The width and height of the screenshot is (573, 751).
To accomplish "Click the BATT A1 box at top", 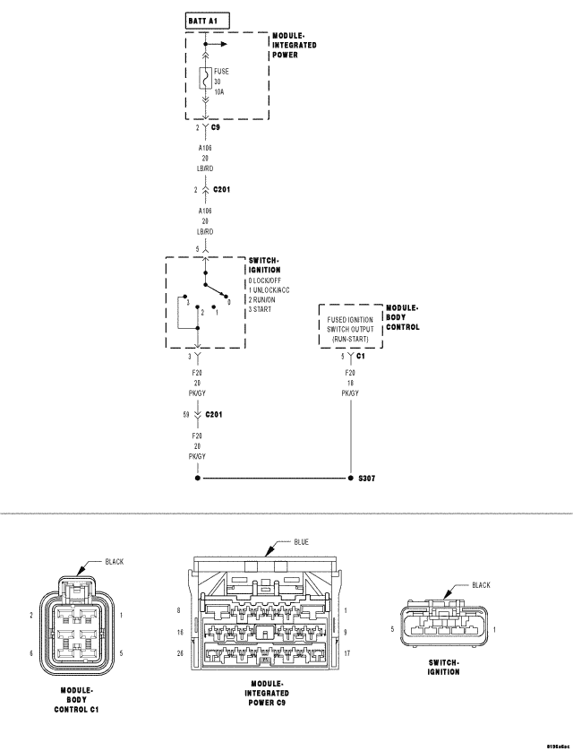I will click(x=206, y=19).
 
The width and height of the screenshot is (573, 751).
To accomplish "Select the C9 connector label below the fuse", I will click(x=215, y=128).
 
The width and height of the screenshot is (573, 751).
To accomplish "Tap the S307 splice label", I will click(x=366, y=479).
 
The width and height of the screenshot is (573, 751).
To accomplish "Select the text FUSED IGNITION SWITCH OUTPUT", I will click(x=351, y=324).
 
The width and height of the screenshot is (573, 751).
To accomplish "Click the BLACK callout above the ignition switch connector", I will click(x=481, y=585).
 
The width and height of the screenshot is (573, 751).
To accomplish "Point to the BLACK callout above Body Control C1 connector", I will click(x=115, y=562).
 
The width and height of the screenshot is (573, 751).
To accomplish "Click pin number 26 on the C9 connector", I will click(x=182, y=653).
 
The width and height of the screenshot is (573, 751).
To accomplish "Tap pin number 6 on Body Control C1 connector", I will click(x=31, y=653).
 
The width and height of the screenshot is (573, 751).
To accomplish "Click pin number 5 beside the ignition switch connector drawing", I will click(x=392, y=630).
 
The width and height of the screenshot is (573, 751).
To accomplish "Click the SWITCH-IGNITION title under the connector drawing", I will click(x=438, y=667).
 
